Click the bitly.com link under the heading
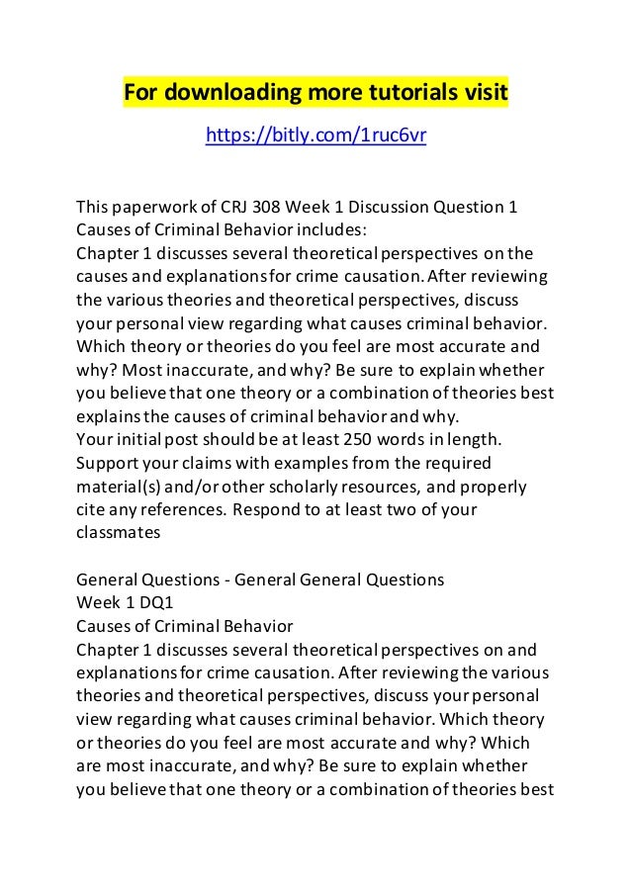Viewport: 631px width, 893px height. click(315, 134)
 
